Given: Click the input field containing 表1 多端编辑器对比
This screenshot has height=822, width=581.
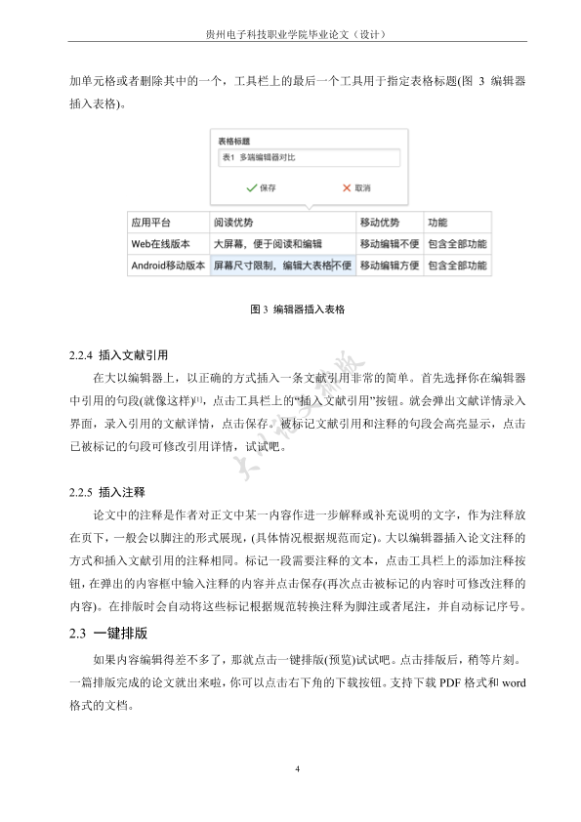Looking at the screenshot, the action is [x=309, y=159].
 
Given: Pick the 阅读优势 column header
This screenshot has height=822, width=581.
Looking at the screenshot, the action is [x=233, y=223].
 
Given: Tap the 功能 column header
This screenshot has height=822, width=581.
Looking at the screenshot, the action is [x=438, y=223].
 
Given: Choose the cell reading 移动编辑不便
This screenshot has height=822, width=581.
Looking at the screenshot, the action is [x=389, y=244].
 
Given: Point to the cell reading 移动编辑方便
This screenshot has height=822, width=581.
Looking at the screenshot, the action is [x=389, y=265].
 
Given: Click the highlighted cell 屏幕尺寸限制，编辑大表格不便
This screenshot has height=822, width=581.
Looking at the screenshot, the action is [x=282, y=265].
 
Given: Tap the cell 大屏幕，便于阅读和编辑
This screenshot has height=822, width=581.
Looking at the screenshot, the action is [x=268, y=244].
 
